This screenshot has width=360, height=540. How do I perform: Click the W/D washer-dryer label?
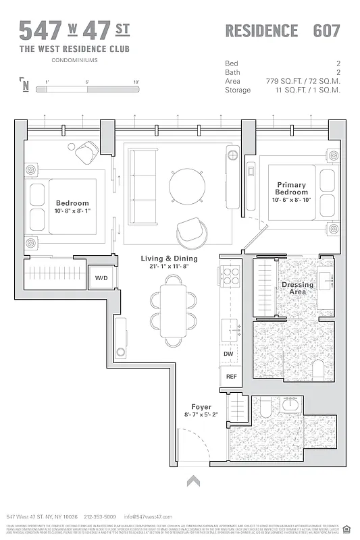coord(101,278)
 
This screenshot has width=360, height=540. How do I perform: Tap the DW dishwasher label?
coord(228,354)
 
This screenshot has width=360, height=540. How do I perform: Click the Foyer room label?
coord(201,407)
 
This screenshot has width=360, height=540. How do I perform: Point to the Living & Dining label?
coord(169,259)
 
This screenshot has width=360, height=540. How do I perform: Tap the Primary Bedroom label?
coord(291,188)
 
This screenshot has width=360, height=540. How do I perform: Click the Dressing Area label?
coord(298,288)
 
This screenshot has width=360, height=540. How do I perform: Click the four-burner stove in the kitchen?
coord(230,277)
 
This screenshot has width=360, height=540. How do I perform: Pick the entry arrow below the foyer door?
coord(194,481)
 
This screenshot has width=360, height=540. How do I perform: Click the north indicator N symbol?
coord(26,84)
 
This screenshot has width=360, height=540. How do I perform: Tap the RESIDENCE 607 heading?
coord(282,31)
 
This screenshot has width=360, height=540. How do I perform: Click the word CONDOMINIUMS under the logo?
coord(74,60)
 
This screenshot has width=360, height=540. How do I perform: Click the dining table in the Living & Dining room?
coord(173,310)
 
